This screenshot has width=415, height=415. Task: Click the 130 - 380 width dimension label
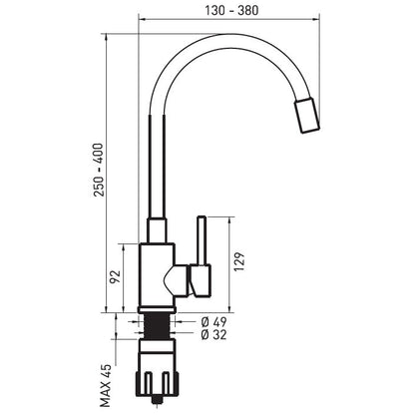[231, 10]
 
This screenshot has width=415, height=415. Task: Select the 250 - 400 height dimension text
[99, 170]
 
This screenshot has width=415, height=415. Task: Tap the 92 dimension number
[115, 277]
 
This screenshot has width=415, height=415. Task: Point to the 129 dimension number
[239, 262]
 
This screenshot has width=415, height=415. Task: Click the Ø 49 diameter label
[213, 322]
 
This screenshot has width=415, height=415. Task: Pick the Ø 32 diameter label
[213, 334]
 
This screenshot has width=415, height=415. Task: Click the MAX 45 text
[106, 386]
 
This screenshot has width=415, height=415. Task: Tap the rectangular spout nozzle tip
[307, 116]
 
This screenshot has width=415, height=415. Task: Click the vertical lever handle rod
[202, 240]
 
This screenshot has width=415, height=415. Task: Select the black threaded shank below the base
[158, 326]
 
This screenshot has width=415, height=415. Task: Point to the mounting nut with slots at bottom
[157, 385]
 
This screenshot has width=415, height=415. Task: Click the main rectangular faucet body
[157, 275]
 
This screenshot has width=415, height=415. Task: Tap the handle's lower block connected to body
[200, 280]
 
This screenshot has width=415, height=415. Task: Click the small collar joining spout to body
[157, 230]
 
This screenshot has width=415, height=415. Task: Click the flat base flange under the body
[157, 310]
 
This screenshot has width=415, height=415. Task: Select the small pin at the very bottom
[157, 401]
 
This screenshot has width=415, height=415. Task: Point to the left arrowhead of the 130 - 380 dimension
[142, 19]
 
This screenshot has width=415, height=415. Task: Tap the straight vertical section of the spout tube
[157, 167]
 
